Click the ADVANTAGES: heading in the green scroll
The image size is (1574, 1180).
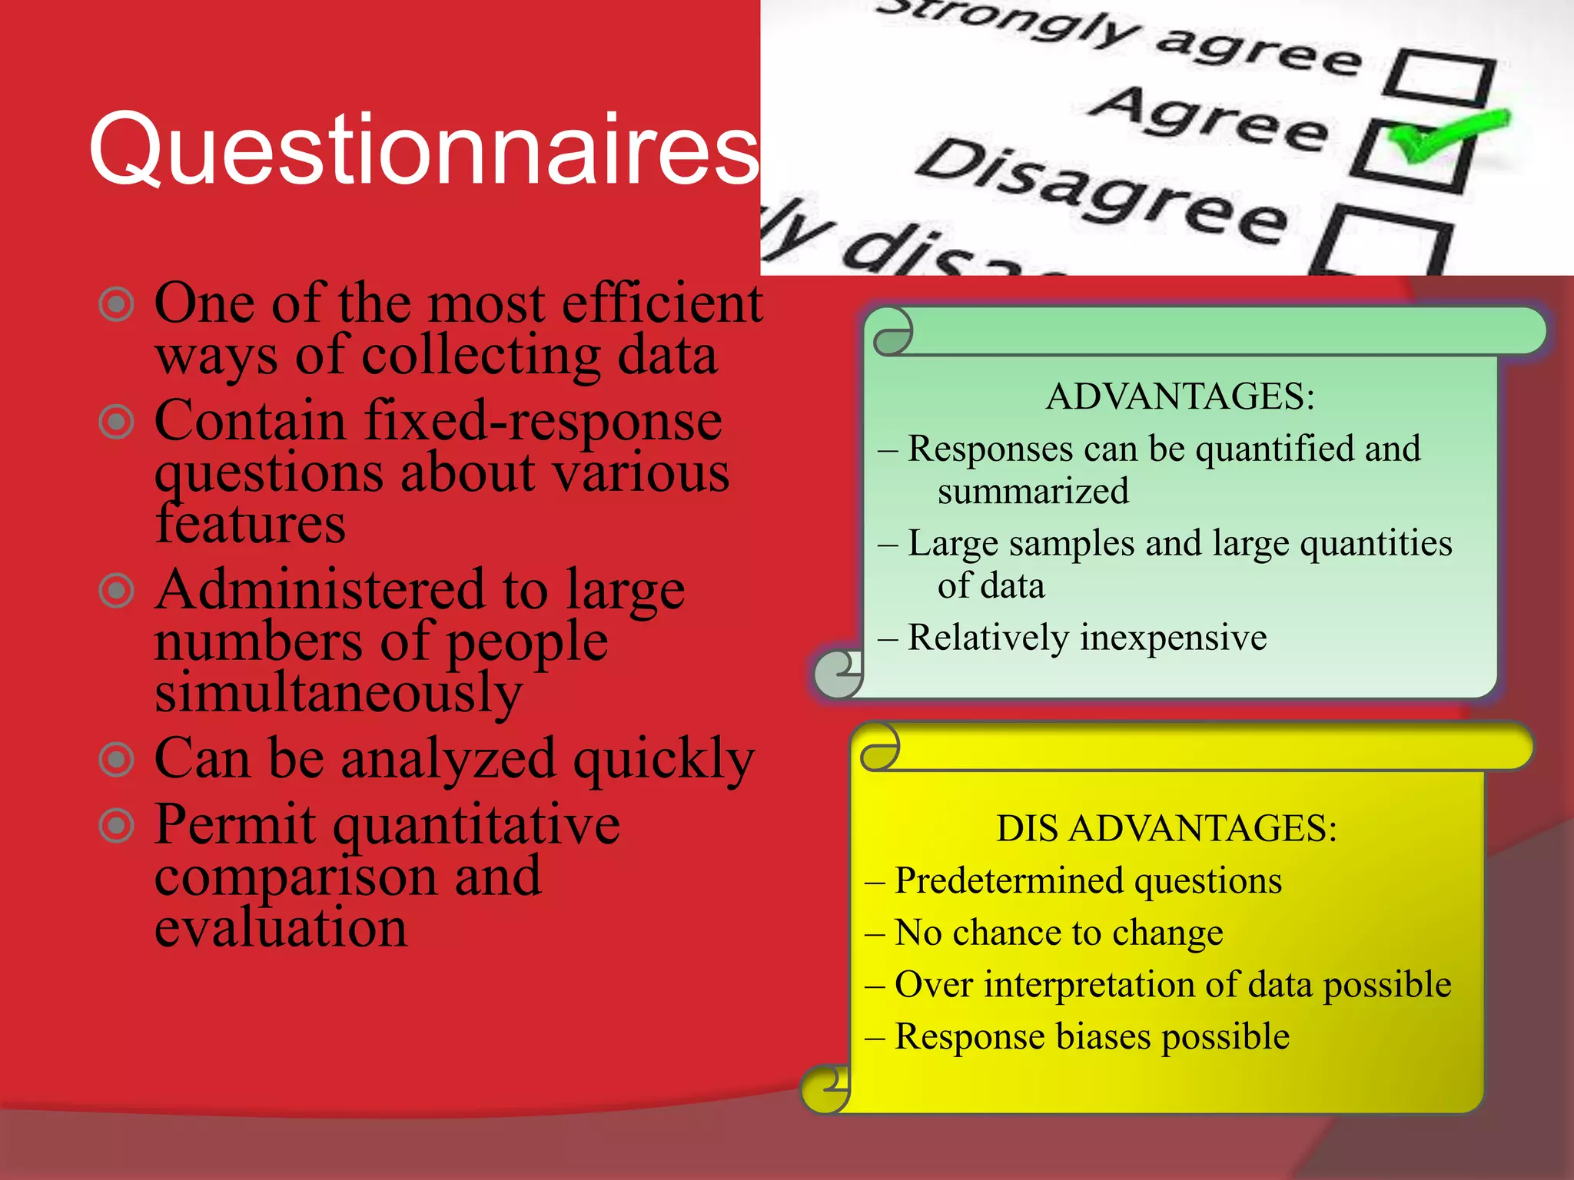point(1180,396)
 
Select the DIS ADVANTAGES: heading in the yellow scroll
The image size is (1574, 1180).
point(1167,828)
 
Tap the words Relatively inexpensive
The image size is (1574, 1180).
point(1087,638)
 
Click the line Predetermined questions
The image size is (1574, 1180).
point(1088,880)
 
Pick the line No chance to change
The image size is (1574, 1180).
point(1058,933)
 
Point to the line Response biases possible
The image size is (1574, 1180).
point(1091,1036)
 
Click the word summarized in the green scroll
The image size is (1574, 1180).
point(1033,491)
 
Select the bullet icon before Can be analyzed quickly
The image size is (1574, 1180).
point(117,760)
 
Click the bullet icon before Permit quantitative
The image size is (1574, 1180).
point(117,826)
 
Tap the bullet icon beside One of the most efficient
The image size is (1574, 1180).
point(117,304)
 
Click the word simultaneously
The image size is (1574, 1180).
point(338,691)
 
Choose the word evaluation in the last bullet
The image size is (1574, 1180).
point(281,927)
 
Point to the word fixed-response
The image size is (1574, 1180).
point(543,421)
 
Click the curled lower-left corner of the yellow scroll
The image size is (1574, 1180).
point(825,1089)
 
